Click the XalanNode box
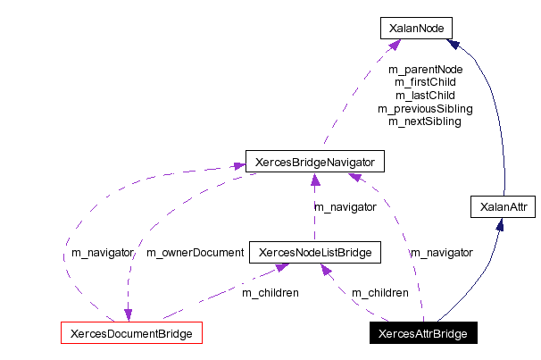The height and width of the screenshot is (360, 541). coord(416,29)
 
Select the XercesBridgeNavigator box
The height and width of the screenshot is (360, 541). coord(314,163)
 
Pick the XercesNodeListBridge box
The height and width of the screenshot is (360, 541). coord(314,253)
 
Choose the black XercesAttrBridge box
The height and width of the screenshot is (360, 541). coord(423,334)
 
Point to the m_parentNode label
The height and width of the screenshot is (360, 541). coord(425,69)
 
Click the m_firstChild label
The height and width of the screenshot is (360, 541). coord(425,81)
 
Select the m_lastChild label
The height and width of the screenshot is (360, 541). coord(425,95)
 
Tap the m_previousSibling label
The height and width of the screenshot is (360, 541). coord(425,108)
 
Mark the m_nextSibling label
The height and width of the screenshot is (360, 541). coord(425,121)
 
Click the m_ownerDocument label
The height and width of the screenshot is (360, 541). coord(195,253)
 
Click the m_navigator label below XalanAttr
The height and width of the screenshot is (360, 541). coord(441,253)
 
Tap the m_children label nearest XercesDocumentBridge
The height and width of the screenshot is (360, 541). coord(270,292)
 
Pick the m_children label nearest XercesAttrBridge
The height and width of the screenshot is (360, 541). coord(379,292)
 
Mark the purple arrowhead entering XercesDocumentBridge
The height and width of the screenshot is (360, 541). coord(128,315)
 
